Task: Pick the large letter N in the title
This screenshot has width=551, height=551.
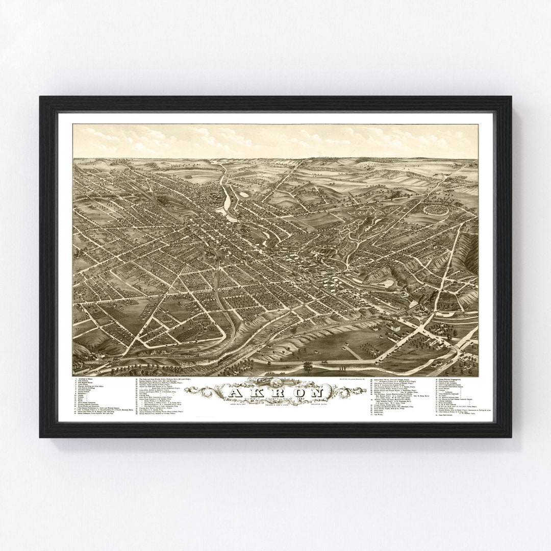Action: coord(317,394)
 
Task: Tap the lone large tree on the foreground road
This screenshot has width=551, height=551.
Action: coord(308,365)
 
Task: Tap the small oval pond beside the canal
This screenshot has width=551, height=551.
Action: coord(244,194)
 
